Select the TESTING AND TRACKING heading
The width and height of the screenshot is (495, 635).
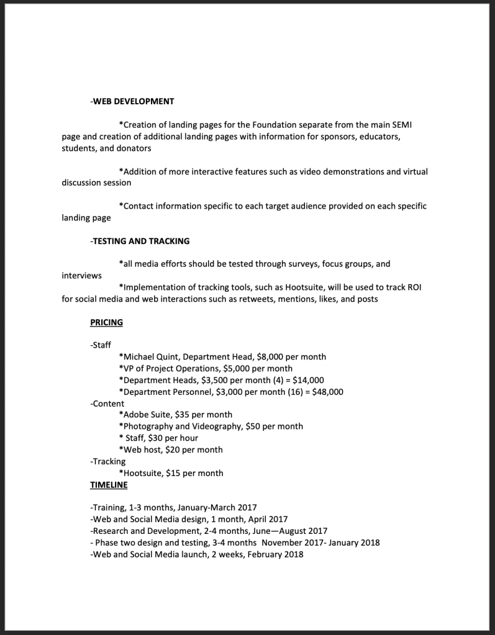point(140,241)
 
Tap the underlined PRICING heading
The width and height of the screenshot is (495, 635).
point(106,322)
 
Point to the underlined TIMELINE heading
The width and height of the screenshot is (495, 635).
point(109,485)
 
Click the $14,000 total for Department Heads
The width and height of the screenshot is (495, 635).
point(309,380)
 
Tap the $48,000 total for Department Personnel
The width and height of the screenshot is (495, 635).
point(327,392)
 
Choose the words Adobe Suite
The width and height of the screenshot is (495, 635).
point(147,415)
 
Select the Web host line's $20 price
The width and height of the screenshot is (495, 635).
point(173,450)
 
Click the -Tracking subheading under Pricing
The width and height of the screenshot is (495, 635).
point(108,462)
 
